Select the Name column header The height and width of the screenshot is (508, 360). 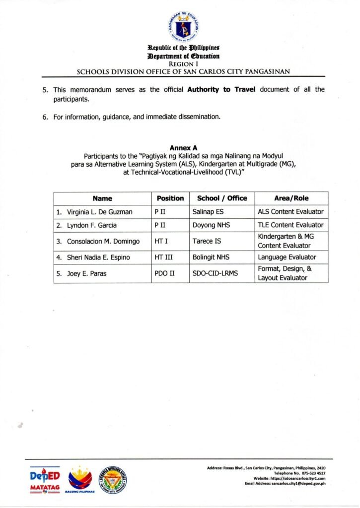[x=102, y=198]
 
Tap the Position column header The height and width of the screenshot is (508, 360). [x=170, y=198]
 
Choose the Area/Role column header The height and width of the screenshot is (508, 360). [x=291, y=198]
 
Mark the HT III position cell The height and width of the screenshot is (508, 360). [x=164, y=257]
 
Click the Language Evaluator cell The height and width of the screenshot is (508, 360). [x=287, y=257]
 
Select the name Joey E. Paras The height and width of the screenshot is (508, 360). [x=83, y=273]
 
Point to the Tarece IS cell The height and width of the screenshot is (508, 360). [x=206, y=241]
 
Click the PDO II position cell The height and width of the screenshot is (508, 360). [x=165, y=273]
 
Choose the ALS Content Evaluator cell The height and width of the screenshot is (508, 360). [x=290, y=212]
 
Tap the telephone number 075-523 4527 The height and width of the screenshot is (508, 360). [x=310, y=473]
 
